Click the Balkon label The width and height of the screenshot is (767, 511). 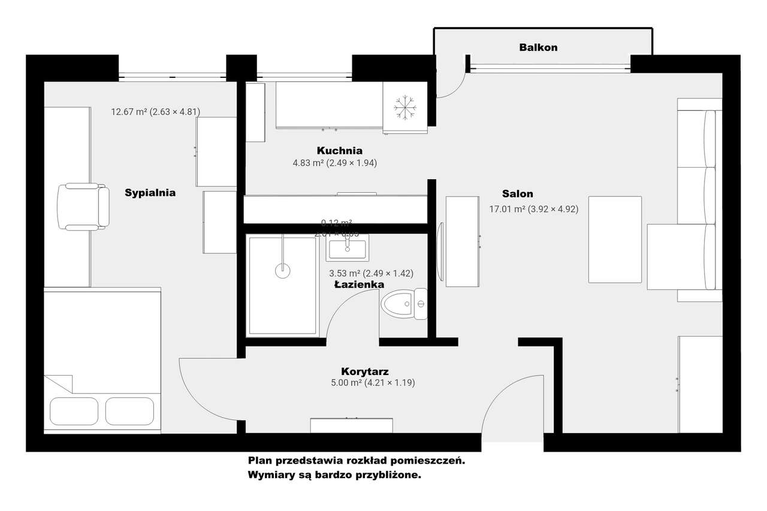pos(538,47)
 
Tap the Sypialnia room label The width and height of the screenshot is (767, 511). pos(150,193)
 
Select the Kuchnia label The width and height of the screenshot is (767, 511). pos(340,150)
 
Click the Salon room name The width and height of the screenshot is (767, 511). pos(517,193)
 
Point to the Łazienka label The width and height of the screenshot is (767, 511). pos(359,285)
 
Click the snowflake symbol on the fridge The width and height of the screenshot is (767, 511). pos(405,107)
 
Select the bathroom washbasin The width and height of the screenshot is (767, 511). pos(347,247)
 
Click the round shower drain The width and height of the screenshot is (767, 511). pos(283,270)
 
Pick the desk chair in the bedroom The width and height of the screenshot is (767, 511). pos(83,207)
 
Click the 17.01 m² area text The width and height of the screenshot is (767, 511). pos(533,209)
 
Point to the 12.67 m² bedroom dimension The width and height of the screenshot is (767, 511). pos(155,111)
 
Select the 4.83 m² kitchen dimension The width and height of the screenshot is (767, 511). pos(334,162)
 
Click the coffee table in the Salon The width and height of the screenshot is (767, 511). pos(615,239)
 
